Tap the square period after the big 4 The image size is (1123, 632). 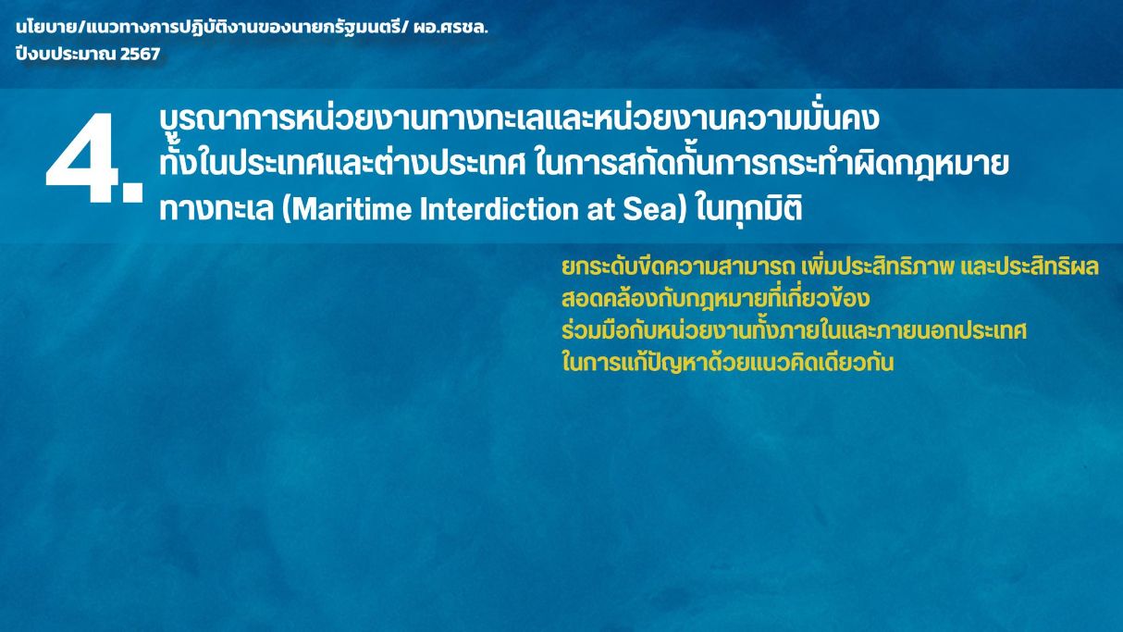[132, 192]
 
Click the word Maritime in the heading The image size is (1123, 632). [352, 209]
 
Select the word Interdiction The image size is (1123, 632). [500, 209]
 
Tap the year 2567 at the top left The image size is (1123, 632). [140, 54]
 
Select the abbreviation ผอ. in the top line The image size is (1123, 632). [426, 28]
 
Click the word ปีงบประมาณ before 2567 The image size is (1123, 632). [66, 53]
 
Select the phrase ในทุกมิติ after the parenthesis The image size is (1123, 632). [749, 210]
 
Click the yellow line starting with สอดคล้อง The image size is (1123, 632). [715, 298]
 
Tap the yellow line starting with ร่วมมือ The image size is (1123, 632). [794, 330]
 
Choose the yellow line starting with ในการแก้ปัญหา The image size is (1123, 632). [727, 362]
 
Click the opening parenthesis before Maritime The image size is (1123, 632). [287, 210]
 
